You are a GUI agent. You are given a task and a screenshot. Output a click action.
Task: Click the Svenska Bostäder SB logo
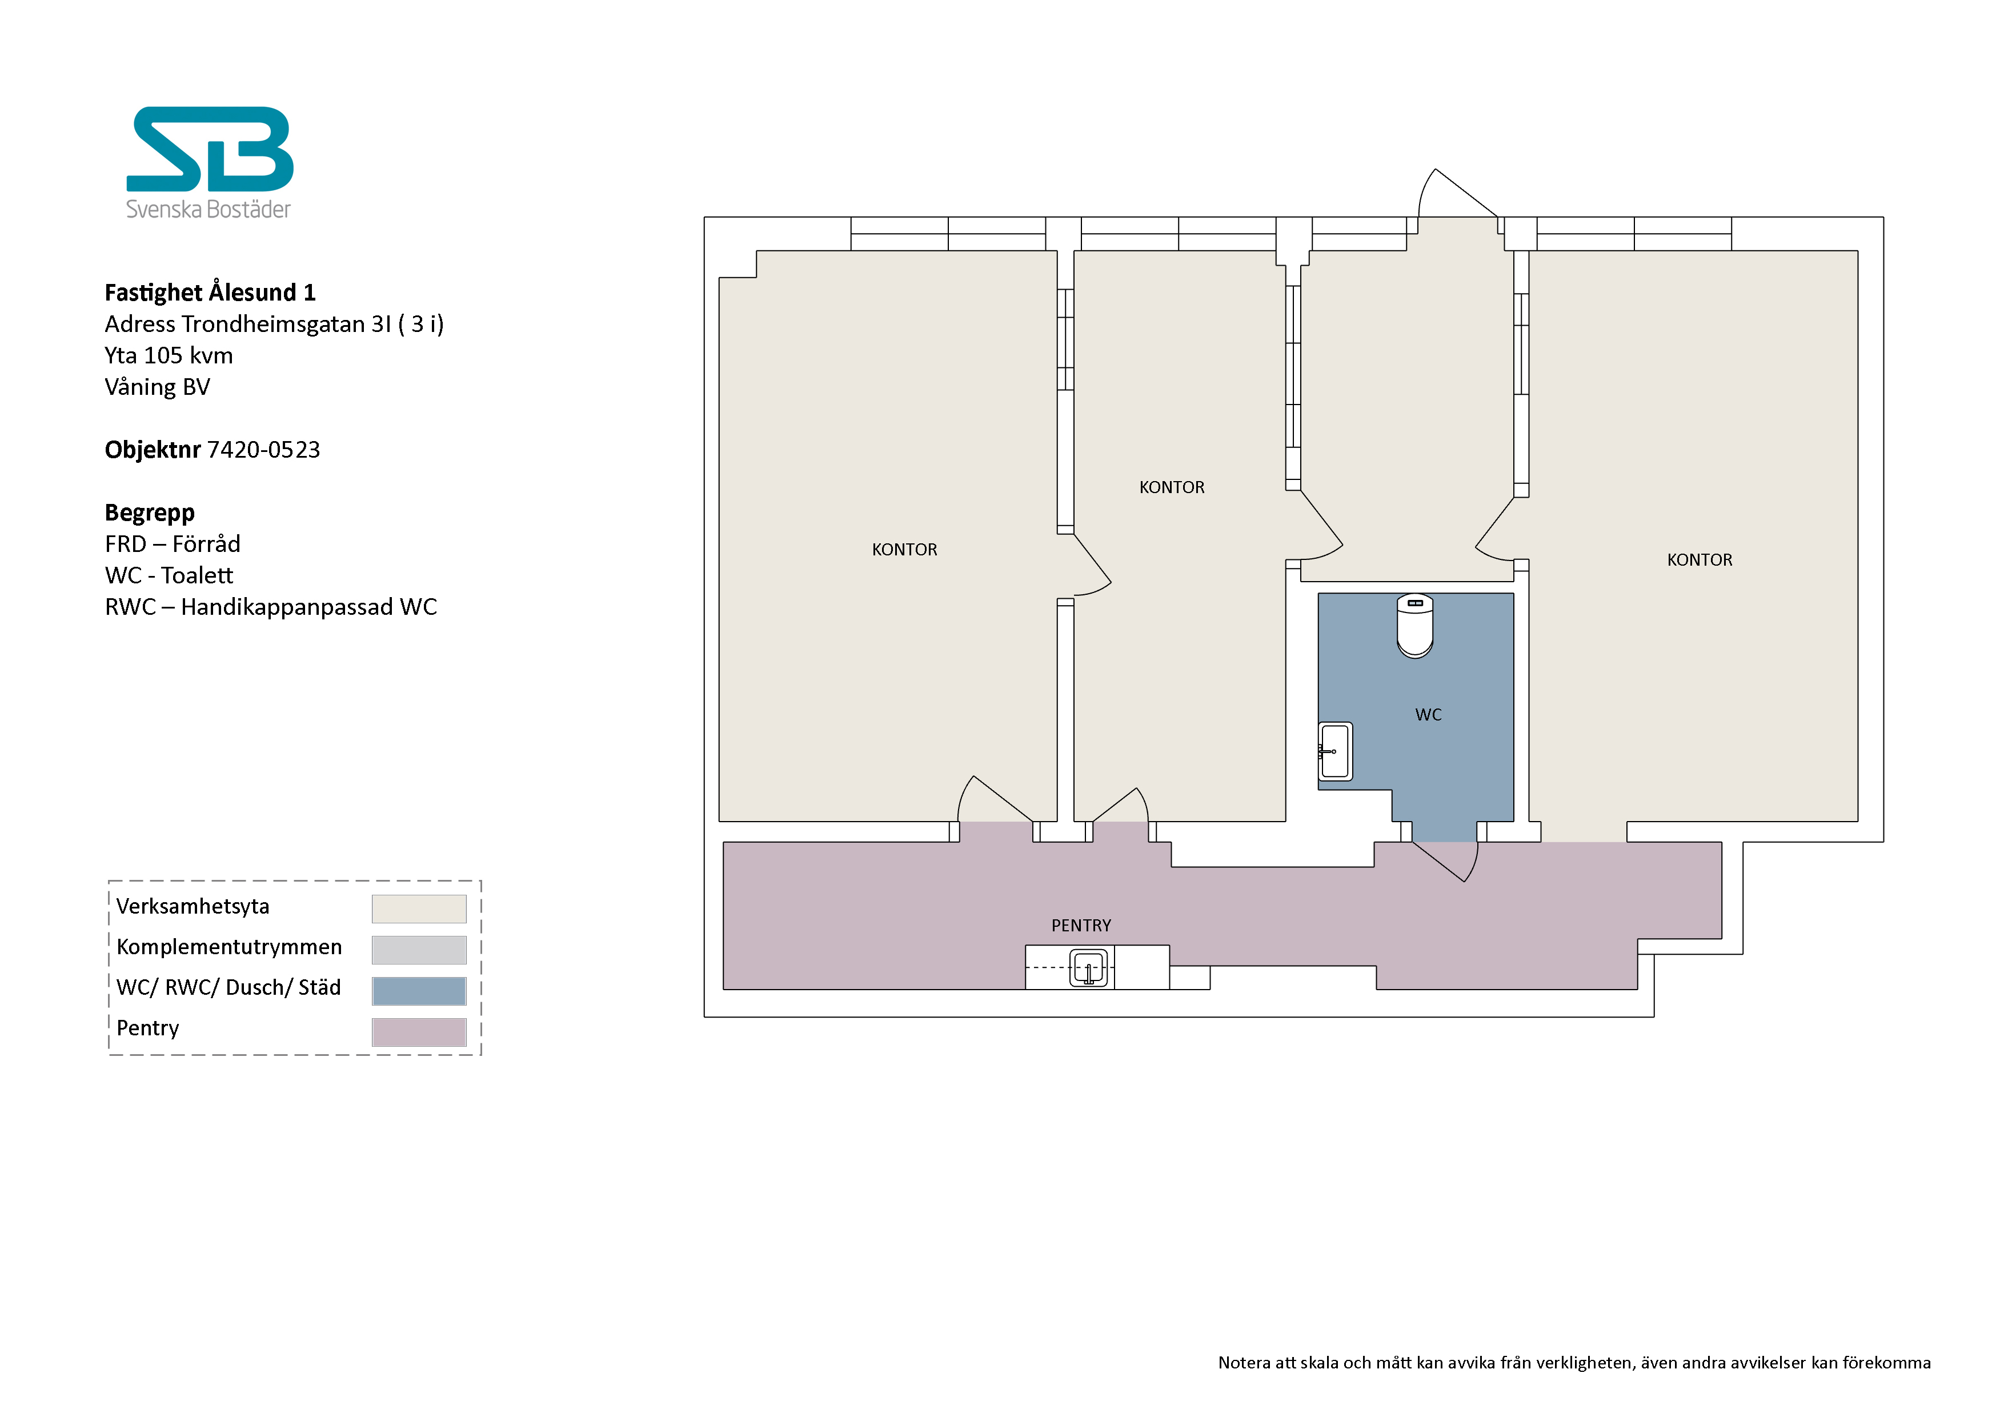[x=210, y=162]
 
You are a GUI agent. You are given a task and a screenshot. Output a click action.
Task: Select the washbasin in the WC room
[x=1336, y=751]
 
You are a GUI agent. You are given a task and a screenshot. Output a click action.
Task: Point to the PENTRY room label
[x=1081, y=926]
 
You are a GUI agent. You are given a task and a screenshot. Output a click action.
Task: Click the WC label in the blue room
[x=1428, y=715]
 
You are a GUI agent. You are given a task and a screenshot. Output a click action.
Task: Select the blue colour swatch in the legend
[x=419, y=991]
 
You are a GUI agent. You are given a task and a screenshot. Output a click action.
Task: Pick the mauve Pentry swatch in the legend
[x=419, y=1032]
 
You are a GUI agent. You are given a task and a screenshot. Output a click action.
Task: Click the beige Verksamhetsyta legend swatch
[x=419, y=909]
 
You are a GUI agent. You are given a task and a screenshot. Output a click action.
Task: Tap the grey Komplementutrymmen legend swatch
[x=419, y=950]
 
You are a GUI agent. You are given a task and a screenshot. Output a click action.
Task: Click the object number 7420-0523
[x=263, y=450]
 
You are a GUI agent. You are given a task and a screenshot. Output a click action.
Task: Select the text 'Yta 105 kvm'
[x=169, y=355]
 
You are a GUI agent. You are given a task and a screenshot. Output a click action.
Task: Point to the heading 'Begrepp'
[x=149, y=513]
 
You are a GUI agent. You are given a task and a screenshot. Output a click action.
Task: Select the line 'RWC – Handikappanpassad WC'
[x=271, y=607]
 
